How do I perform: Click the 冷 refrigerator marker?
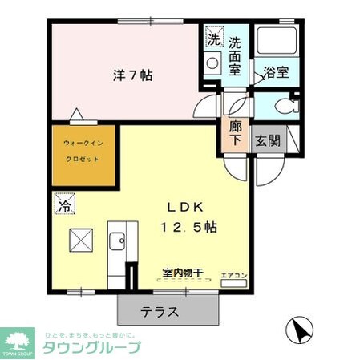coord(63,205)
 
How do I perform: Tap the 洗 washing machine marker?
coord(213,38)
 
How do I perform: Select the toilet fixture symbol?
coord(282,106)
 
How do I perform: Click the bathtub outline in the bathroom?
coord(277,44)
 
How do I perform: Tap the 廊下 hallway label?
coord(235,133)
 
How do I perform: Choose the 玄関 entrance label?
coord(267,140)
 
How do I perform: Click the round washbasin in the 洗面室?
coord(212,63)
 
